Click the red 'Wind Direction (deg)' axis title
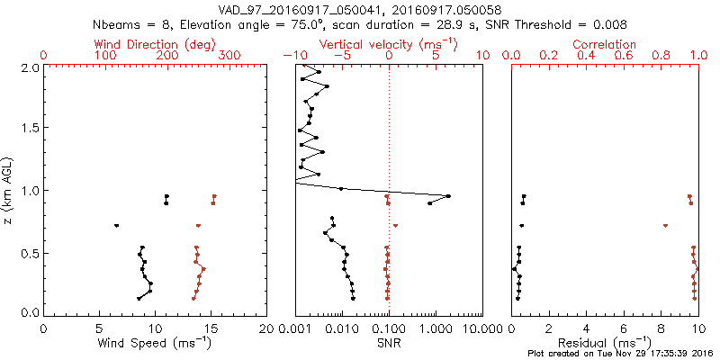(x=155, y=44)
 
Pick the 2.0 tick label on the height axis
(x=29, y=67)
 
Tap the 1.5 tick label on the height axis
(x=29, y=129)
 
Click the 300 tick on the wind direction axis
(x=229, y=56)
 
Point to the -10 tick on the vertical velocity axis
(x=292, y=56)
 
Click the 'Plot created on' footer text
(x=620, y=354)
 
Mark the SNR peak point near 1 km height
(x=448, y=196)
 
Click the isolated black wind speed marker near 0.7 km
(x=116, y=225)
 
